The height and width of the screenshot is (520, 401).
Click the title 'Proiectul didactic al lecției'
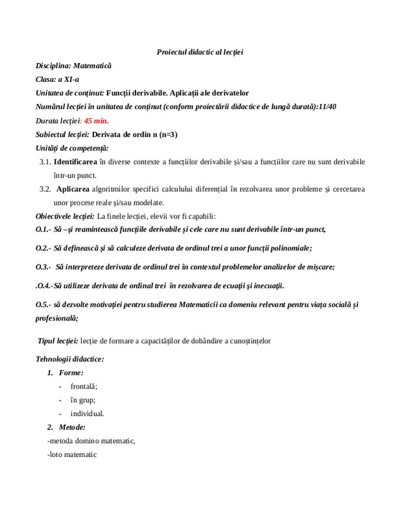(200, 51)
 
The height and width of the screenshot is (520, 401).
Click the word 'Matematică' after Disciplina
(93, 66)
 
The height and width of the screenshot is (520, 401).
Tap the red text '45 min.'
(97, 121)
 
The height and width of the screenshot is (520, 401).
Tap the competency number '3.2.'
(45, 189)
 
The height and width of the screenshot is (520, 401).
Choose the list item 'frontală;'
(84, 385)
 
